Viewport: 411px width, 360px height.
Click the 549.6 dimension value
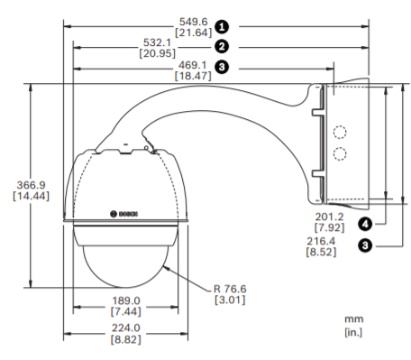(193, 22)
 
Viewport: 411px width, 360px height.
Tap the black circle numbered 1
(222, 27)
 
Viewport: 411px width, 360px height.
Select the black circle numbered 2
(222, 47)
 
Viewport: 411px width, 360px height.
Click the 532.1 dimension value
(157, 42)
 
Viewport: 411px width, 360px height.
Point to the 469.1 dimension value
(193, 65)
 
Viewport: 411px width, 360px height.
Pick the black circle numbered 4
(365, 224)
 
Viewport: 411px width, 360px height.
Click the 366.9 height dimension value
(31, 185)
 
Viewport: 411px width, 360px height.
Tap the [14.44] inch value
(31, 196)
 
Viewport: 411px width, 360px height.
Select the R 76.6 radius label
(230, 289)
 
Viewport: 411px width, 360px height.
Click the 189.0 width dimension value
(126, 300)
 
